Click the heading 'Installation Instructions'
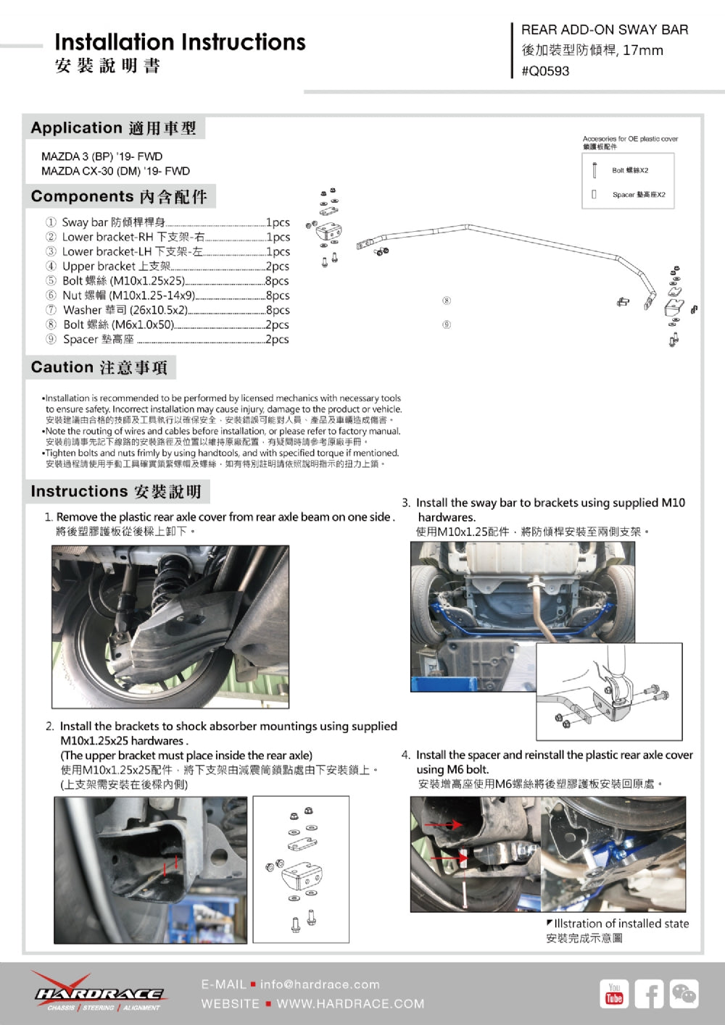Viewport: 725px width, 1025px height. coord(180,42)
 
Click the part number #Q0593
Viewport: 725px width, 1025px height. coord(545,71)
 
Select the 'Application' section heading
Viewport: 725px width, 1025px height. coord(114,128)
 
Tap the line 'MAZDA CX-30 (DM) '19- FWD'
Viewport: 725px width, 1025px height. coord(115,171)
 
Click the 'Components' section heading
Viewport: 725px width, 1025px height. coord(119,196)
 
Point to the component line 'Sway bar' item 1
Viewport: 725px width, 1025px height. coord(167,222)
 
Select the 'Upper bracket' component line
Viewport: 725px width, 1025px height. coord(167,266)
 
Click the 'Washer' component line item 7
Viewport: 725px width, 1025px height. coord(167,310)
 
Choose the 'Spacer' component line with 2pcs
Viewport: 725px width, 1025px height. coord(167,339)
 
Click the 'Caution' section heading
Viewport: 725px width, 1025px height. coord(99,367)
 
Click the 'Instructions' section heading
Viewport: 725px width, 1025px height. coord(116,491)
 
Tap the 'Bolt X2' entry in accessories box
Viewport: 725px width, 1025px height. coord(629,170)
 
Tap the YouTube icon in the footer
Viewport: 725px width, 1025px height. coord(614,994)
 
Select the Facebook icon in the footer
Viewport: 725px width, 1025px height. coord(649,994)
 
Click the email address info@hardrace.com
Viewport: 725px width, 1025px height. coord(319,984)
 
